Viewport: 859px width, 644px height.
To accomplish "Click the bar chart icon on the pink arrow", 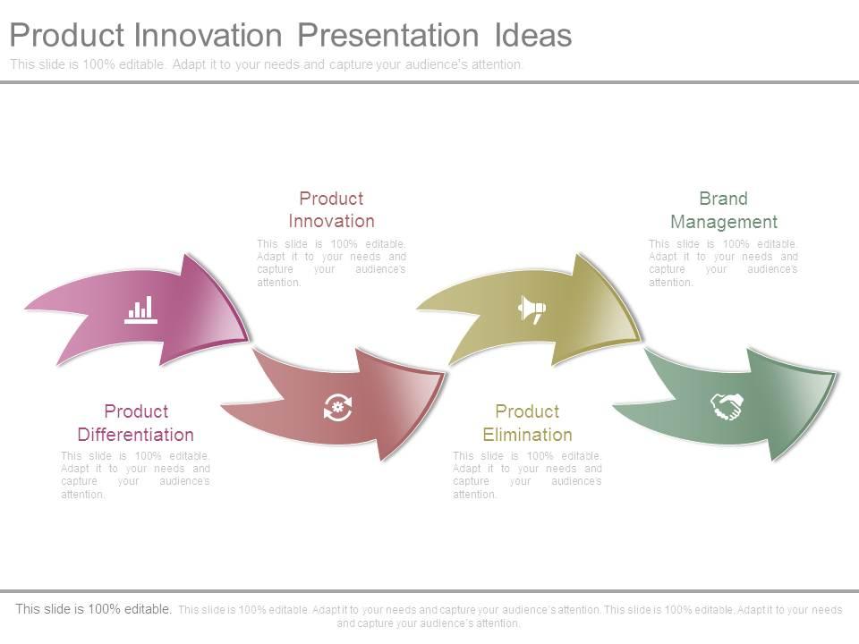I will point(140,309).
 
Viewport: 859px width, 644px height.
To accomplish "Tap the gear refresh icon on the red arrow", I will point(338,407).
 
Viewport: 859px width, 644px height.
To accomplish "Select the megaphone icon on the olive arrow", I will point(532,309).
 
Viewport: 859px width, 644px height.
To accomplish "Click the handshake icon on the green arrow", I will point(727,407).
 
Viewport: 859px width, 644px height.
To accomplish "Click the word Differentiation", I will point(135,435).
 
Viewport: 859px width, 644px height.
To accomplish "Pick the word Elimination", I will point(527,435).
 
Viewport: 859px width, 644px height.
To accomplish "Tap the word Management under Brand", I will point(724,222).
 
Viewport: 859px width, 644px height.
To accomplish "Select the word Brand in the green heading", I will point(723,199).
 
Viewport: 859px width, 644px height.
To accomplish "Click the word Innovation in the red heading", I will point(331,221).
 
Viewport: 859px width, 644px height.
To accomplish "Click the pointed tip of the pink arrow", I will point(248,341).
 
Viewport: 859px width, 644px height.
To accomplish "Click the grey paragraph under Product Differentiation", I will point(135,475).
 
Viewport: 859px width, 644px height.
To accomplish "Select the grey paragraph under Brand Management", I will point(723,262).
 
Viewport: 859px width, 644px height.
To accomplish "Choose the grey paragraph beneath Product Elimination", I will point(527,475).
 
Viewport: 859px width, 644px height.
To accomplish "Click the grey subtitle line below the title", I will point(267,64).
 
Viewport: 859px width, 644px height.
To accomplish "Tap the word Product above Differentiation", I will point(136,411).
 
